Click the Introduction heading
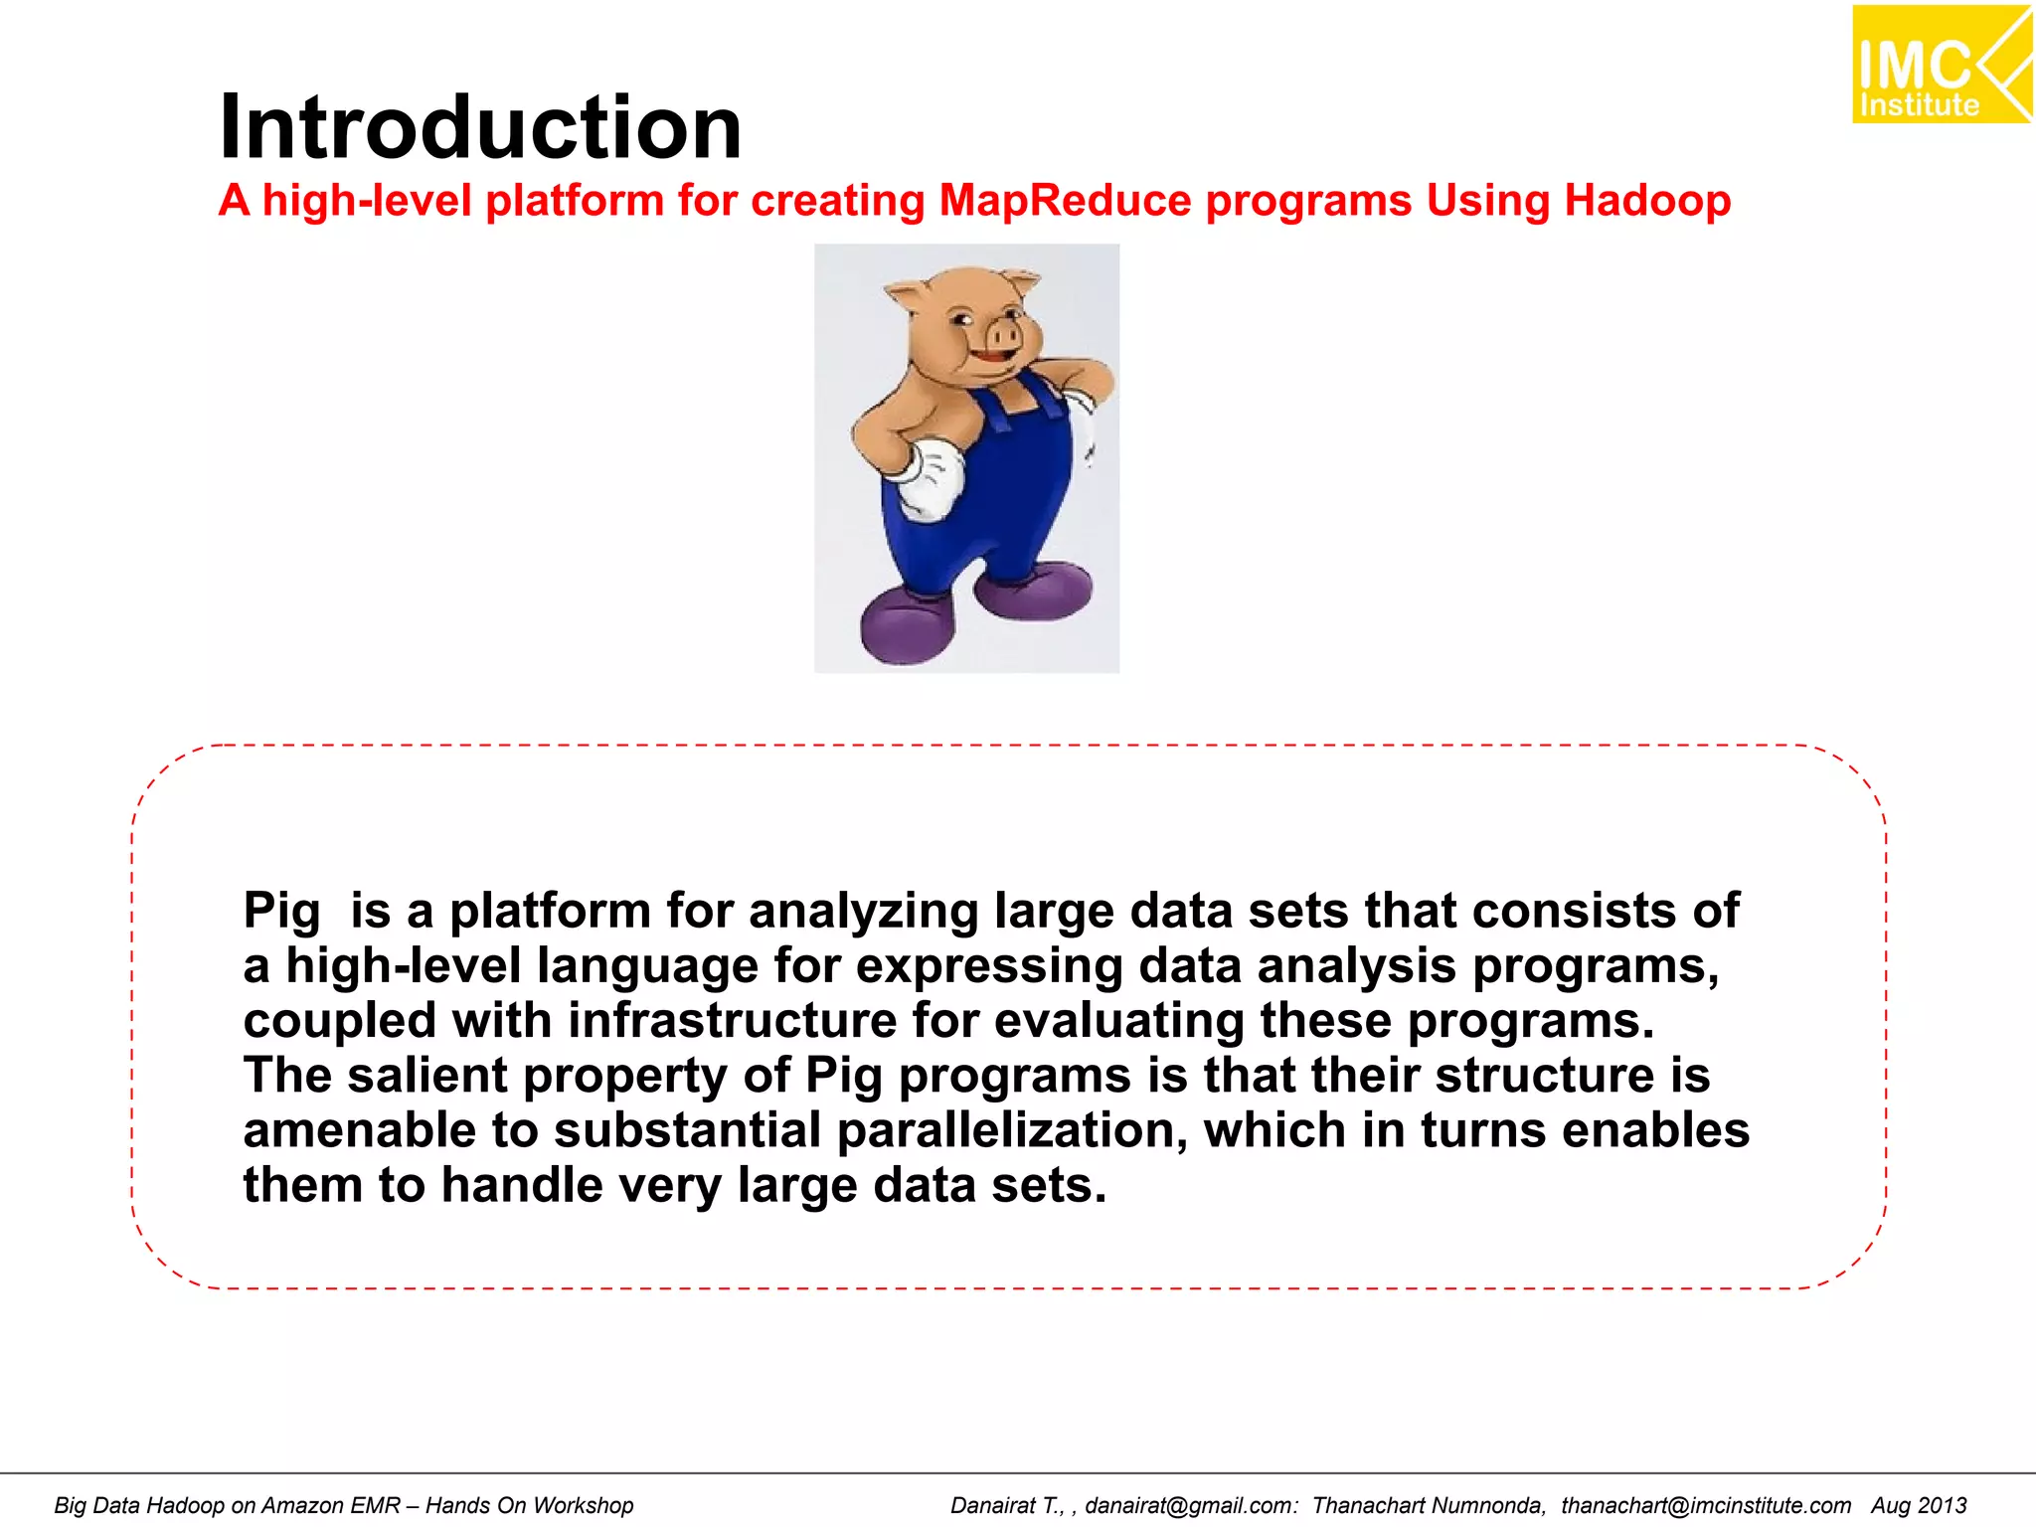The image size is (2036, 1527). point(480,127)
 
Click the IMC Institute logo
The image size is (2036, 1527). point(1940,66)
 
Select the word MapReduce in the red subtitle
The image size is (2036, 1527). point(1065,201)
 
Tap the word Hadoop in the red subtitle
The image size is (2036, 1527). point(1647,201)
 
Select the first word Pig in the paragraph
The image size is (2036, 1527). point(281,912)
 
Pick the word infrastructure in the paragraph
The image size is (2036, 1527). point(733,1021)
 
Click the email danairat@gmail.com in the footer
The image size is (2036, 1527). point(1190,1505)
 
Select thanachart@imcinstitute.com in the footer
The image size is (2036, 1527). point(1705,1505)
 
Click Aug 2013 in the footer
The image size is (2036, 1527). point(1919,1505)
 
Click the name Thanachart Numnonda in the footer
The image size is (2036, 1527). point(1428,1505)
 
